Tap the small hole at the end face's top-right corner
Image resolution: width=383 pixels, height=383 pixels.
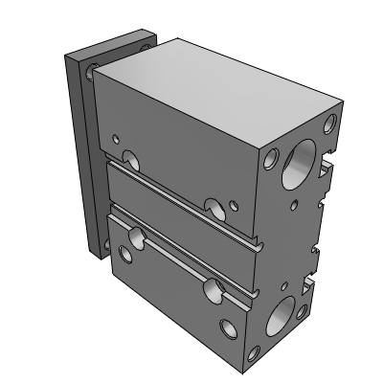click(x=331, y=122)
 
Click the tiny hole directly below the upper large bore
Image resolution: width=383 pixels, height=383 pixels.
click(x=294, y=204)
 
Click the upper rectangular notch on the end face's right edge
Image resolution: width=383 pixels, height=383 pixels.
click(x=327, y=171)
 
